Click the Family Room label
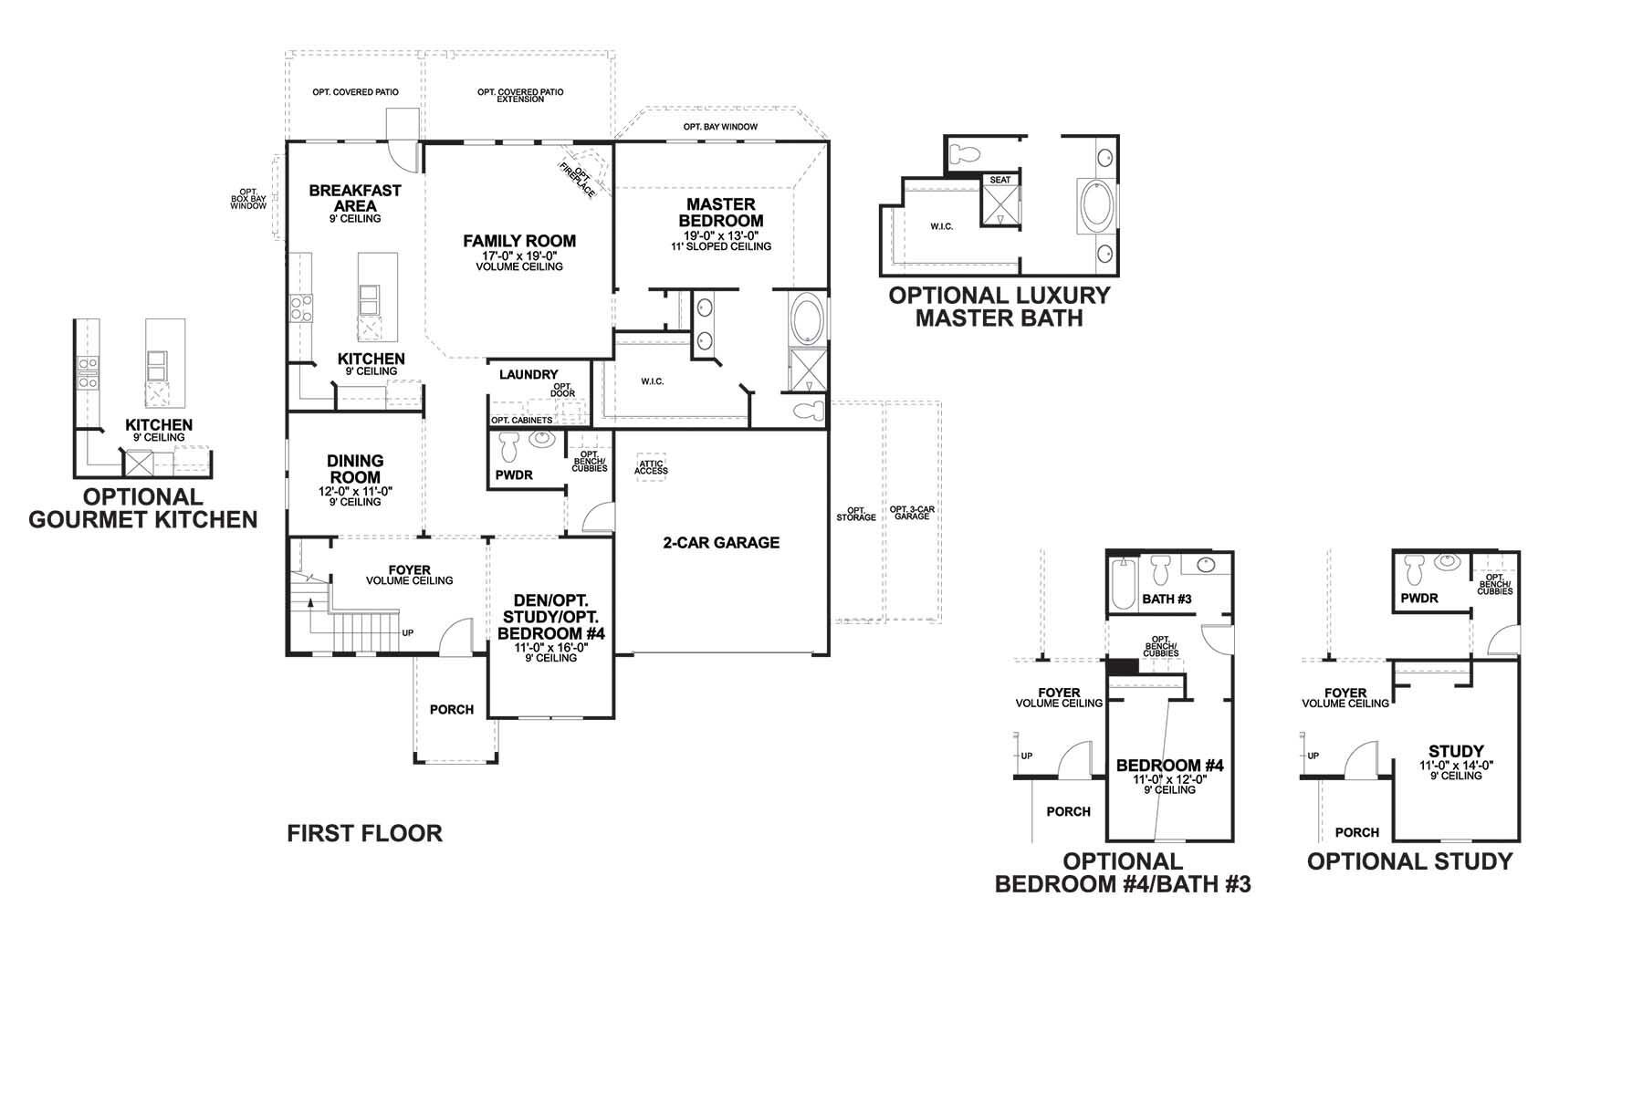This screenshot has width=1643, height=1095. pyautogui.click(x=519, y=241)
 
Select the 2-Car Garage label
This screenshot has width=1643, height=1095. pyautogui.click(x=721, y=543)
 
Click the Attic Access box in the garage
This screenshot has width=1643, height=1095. pyautogui.click(x=652, y=467)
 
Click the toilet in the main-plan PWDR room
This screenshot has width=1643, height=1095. pyautogui.click(x=508, y=446)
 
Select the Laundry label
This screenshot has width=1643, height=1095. pyautogui.click(x=528, y=374)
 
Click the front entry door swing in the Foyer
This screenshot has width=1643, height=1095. pyautogui.click(x=456, y=636)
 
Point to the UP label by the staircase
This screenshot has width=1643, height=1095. pyautogui.click(x=407, y=631)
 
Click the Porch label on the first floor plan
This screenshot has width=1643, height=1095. pyautogui.click(x=452, y=709)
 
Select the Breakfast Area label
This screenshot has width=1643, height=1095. pyautogui.click(x=355, y=198)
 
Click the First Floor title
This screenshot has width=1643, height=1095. pyautogui.click(x=364, y=833)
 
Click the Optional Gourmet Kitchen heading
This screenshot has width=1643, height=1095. pyautogui.click(x=143, y=508)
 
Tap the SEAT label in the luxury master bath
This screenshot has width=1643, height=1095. pyautogui.click(x=1000, y=180)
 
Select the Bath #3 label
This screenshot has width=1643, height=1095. pyautogui.click(x=1167, y=599)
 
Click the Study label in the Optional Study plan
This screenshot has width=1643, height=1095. pyautogui.click(x=1456, y=751)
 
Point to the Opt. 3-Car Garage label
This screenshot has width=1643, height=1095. pyautogui.click(x=911, y=513)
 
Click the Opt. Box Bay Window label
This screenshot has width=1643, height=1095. pyautogui.click(x=248, y=198)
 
